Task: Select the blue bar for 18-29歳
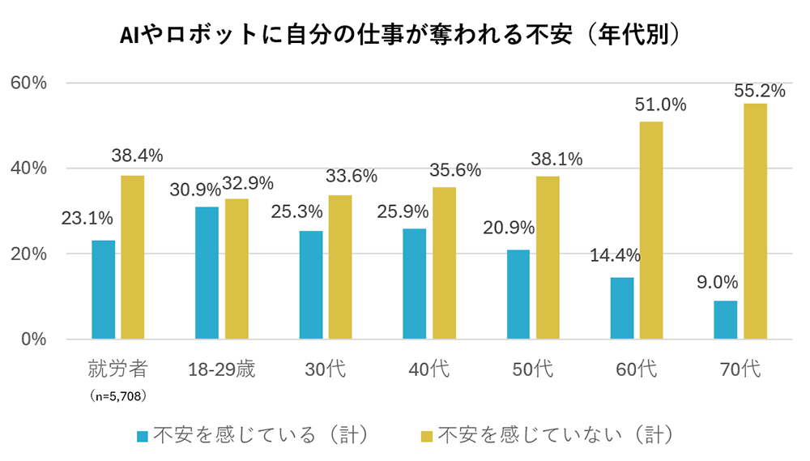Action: pyautogui.click(x=207, y=272)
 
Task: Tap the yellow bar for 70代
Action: pyautogui.click(x=755, y=220)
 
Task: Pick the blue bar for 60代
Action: pyautogui.click(x=622, y=308)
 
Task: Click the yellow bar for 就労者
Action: pyautogui.click(x=133, y=257)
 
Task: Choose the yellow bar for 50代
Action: pyautogui.click(x=548, y=257)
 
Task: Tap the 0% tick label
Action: pyautogui.click(x=34, y=339)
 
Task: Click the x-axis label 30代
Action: pyautogui.click(x=326, y=370)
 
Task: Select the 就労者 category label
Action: pyautogui.click(x=118, y=370)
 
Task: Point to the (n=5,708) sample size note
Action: pyautogui.click(x=118, y=395)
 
